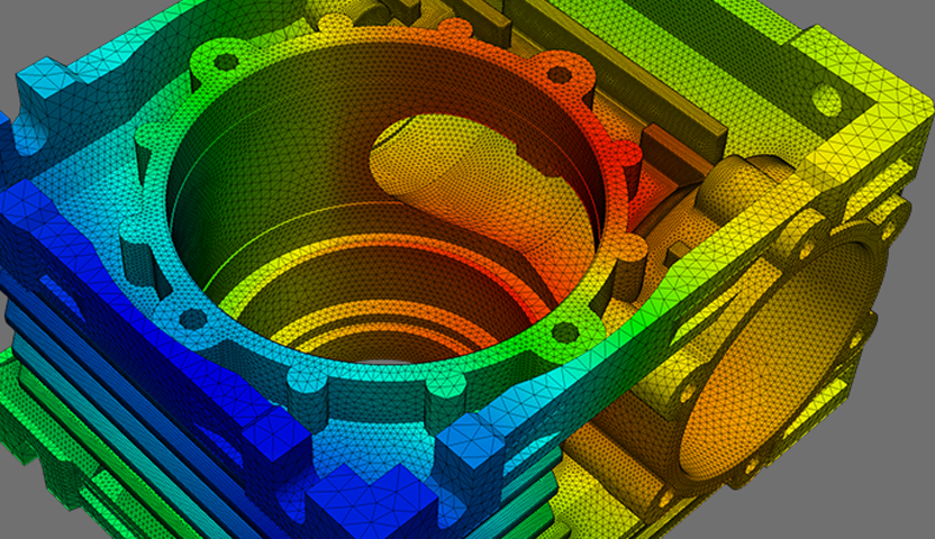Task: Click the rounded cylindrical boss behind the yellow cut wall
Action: pyautogui.click(x=725, y=185)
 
